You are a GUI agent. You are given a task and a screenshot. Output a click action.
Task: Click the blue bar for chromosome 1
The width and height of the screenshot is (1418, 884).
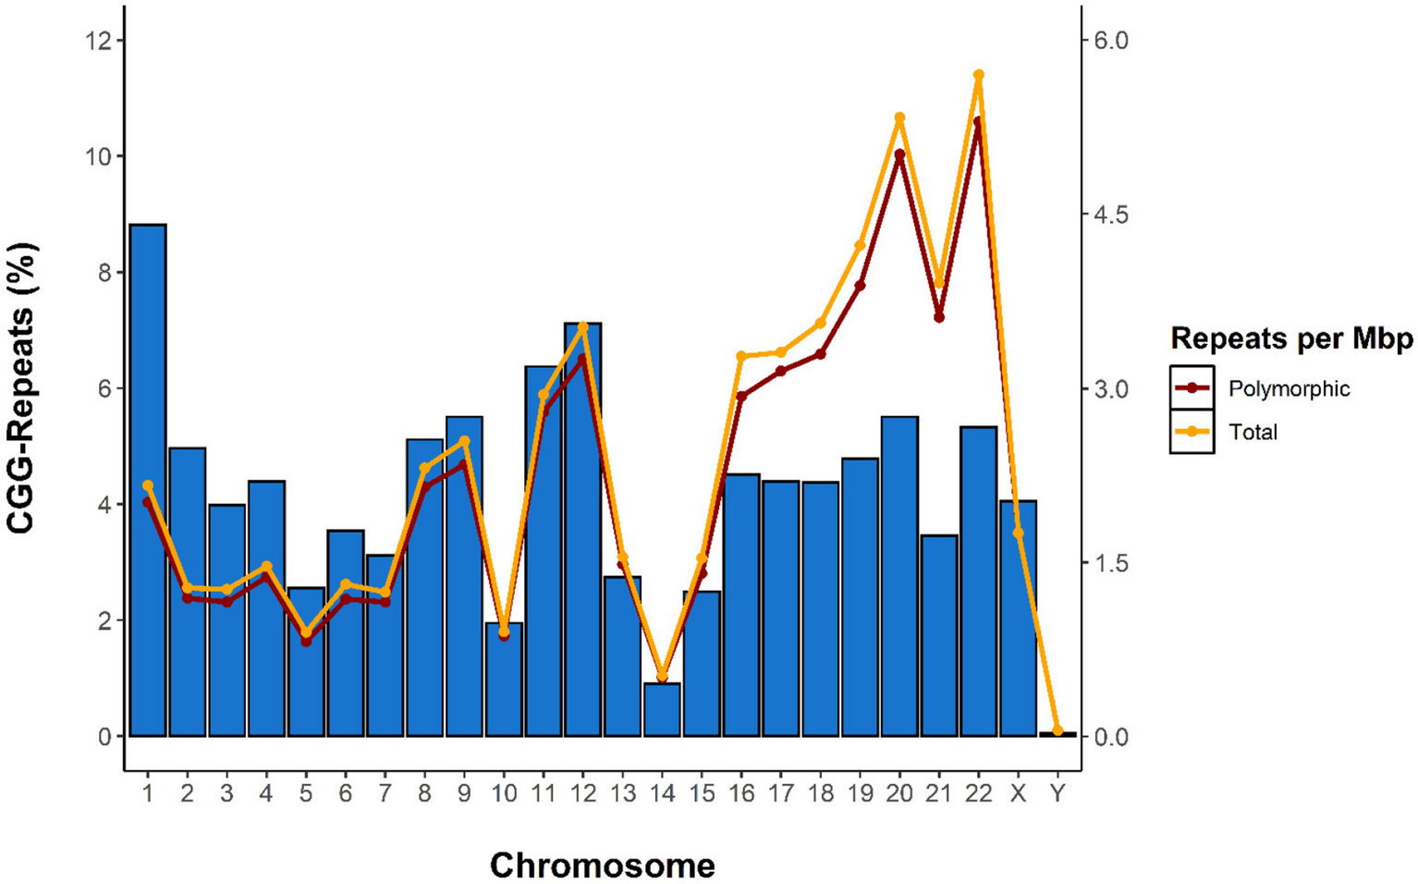[148, 481]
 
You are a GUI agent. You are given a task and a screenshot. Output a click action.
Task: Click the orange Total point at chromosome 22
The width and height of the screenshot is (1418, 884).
[978, 75]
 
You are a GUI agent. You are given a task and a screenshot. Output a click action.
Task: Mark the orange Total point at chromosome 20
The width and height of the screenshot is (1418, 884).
[899, 118]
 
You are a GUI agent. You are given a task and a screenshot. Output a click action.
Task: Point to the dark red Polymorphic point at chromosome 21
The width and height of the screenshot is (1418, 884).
[939, 317]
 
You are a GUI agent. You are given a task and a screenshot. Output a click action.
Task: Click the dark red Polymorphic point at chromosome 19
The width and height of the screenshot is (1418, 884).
[860, 286]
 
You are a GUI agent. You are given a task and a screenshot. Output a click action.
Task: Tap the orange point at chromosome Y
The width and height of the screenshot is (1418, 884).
[1057, 731]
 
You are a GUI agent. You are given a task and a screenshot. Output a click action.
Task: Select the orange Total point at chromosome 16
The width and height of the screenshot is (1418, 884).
[741, 356]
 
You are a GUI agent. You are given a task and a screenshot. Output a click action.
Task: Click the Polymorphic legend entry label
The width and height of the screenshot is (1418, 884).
[1289, 389]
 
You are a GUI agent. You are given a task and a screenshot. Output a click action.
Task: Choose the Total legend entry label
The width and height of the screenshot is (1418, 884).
[1253, 432]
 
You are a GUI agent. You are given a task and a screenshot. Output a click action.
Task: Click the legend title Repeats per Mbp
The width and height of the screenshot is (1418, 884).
[1290, 338]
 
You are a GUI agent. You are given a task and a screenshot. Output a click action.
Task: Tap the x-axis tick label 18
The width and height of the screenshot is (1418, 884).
[820, 793]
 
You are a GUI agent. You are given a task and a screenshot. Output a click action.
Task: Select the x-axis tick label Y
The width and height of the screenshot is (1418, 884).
[1057, 793]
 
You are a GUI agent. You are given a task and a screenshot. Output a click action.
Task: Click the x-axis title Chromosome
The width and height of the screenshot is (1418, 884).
[602, 866]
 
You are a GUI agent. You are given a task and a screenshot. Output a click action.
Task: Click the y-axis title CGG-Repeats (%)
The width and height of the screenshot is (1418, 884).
[22, 388]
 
